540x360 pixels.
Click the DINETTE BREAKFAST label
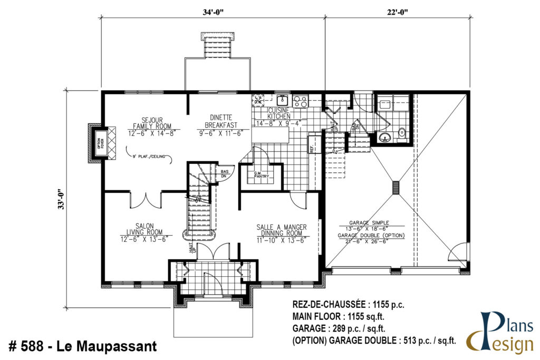click(220, 126)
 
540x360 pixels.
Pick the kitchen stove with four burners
click(300, 101)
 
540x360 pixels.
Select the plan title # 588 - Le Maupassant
click(83, 347)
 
